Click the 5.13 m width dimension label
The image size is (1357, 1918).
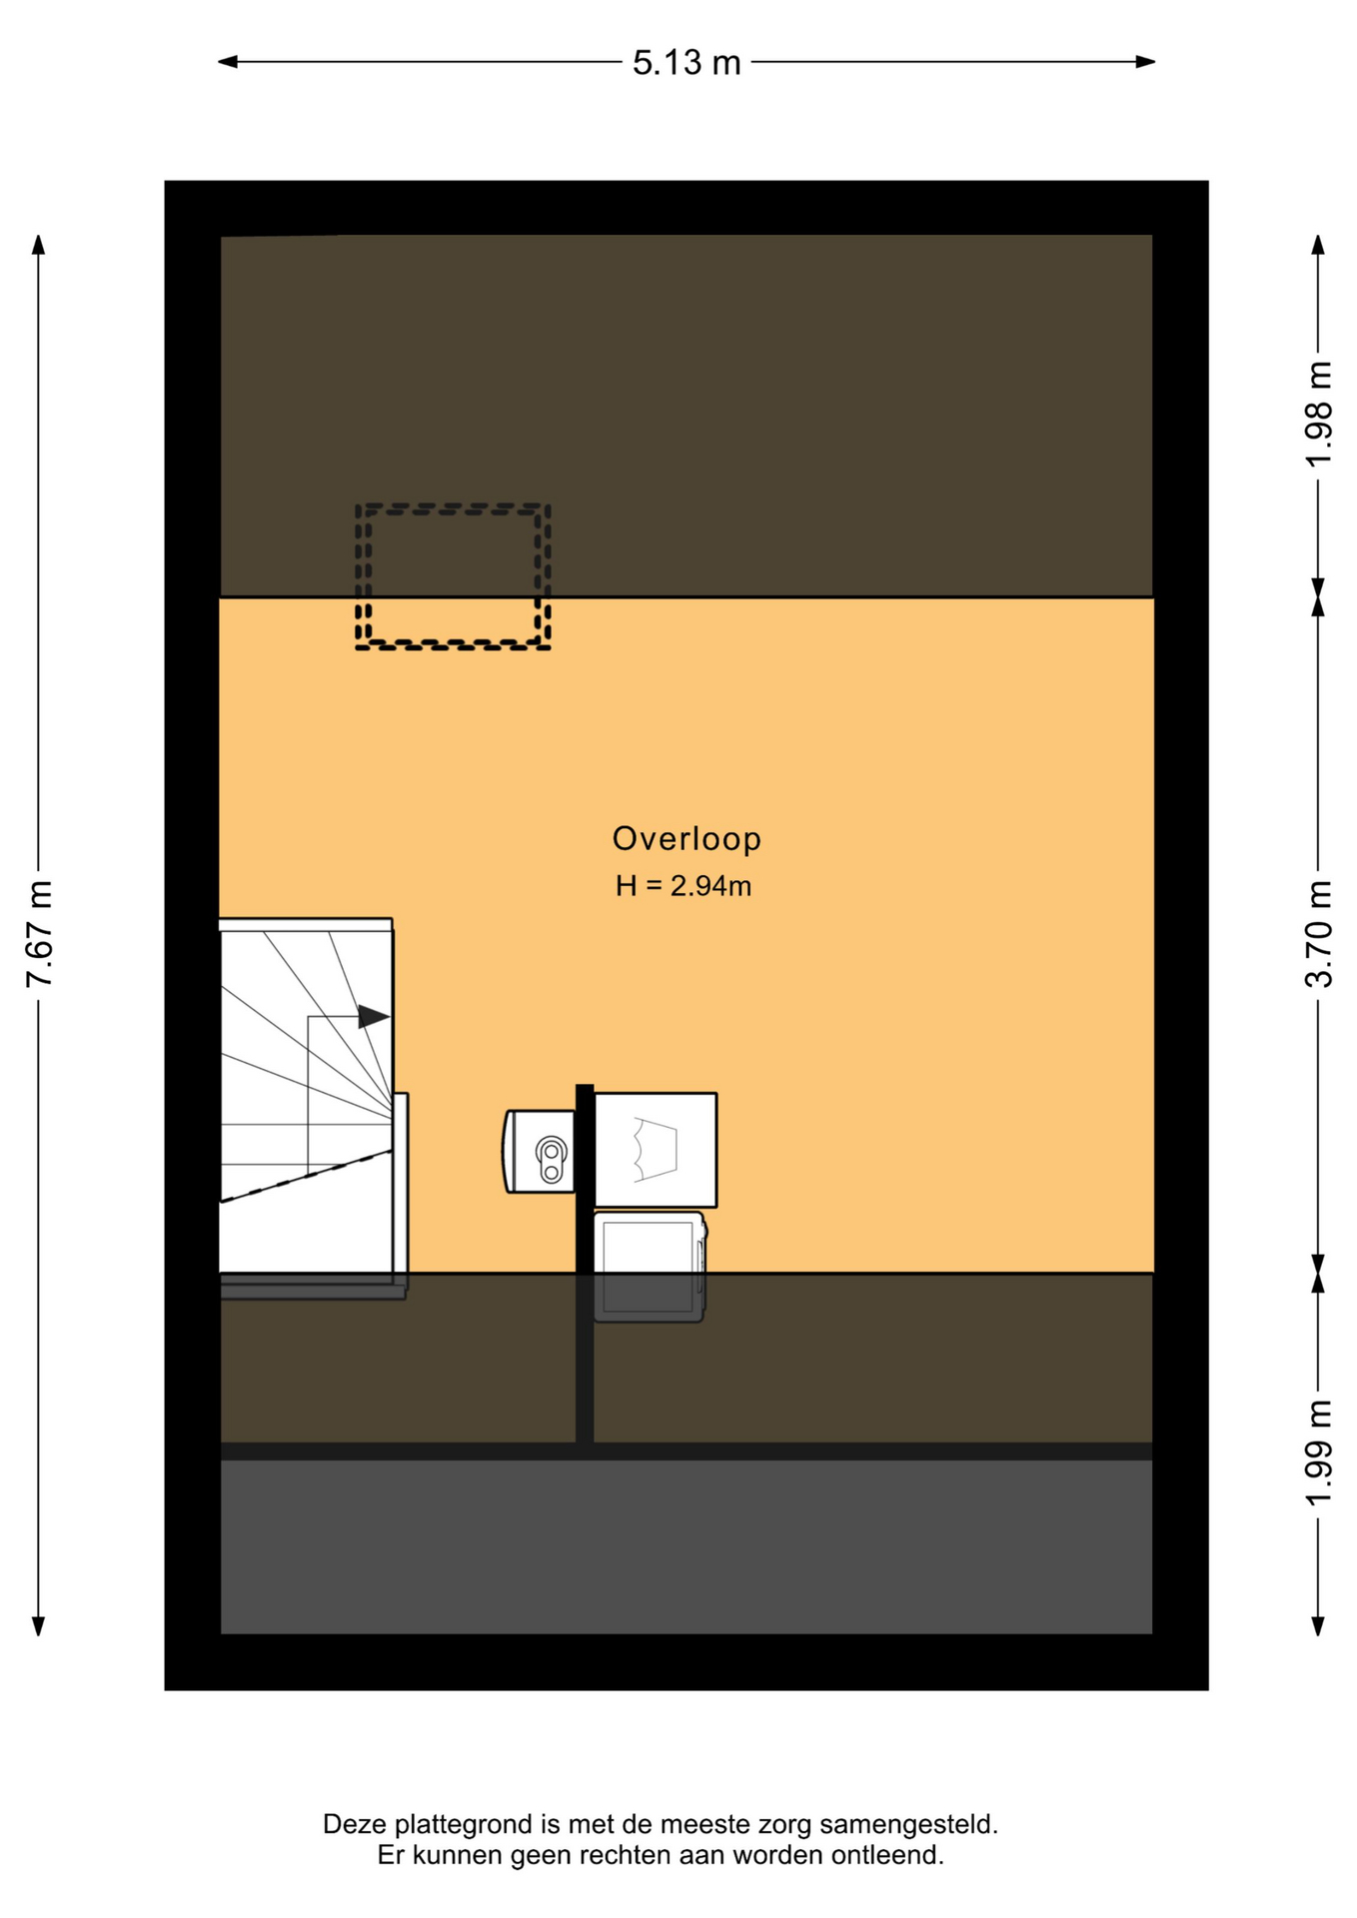[x=686, y=62]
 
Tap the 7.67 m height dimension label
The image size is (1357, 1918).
[x=39, y=934]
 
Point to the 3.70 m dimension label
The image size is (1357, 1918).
[x=1318, y=934]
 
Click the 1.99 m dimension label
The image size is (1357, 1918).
[x=1318, y=1453]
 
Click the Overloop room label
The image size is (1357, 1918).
[x=686, y=838]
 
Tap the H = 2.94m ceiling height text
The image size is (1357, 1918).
[x=683, y=886]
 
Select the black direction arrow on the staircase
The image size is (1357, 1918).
[x=374, y=1017]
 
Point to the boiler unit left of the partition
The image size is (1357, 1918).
[x=540, y=1152]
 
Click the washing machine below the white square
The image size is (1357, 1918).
[x=650, y=1267]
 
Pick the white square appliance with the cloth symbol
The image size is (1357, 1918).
[x=656, y=1150]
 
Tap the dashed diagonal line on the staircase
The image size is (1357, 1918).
[x=306, y=1176]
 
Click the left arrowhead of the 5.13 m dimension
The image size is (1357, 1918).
[x=228, y=62]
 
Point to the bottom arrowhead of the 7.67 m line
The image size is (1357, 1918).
[x=39, y=1626]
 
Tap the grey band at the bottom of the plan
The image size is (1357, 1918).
[x=686, y=1546]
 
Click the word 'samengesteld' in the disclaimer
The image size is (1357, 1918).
[x=908, y=1824]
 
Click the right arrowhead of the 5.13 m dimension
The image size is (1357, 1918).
[x=1145, y=62]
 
